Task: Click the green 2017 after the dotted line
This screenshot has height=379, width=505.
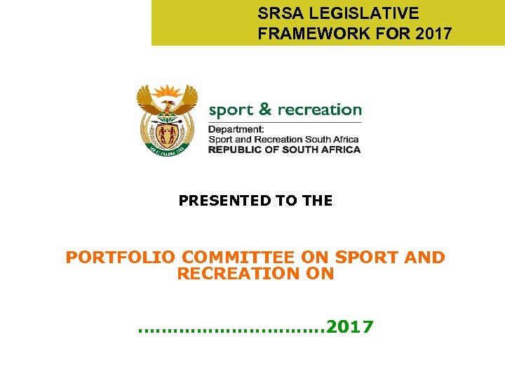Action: [x=350, y=326]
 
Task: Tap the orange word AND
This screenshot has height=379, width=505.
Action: [x=425, y=258]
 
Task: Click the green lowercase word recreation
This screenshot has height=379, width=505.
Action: [x=320, y=110]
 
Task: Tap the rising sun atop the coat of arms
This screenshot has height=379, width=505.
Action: [x=167, y=92]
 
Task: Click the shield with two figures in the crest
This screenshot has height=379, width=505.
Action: [x=167, y=133]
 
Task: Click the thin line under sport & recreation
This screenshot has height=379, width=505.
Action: [x=285, y=121]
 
